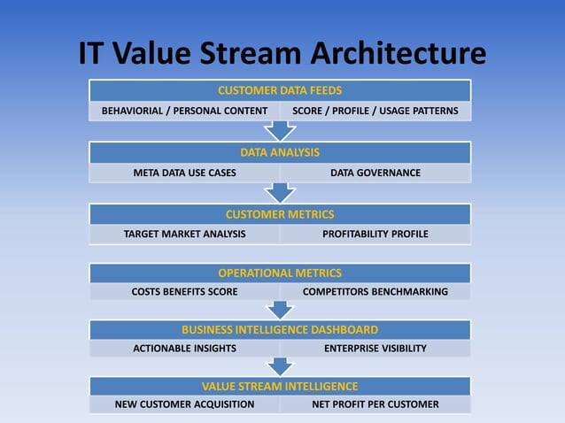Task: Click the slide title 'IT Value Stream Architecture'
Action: pyautogui.click(x=282, y=52)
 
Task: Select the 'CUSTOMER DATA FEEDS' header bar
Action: pyautogui.click(x=280, y=90)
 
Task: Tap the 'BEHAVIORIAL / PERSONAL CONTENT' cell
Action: pyautogui.click(x=184, y=111)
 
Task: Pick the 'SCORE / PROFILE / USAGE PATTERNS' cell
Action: pyautogui.click(x=375, y=111)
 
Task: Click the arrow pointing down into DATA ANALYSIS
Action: pyautogui.click(x=280, y=131)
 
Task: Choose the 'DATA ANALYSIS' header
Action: pyautogui.click(x=280, y=152)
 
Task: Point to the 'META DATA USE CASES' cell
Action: pyautogui.click(x=184, y=173)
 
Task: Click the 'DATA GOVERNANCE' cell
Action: pyautogui.click(x=375, y=173)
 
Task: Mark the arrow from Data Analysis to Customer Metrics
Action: pyautogui.click(x=280, y=192)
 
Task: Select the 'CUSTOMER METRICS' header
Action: pyautogui.click(x=280, y=214)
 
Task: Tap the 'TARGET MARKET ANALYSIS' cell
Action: pyautogui.click(x=184, y=235)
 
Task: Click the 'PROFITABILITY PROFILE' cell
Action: pyautogui.click(x=375, y=235)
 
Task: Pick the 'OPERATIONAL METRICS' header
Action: pyautogui.click(x=280, y=273)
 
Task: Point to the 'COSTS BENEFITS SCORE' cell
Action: pyautogui.click(x=184, y=291)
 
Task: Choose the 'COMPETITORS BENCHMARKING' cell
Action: pyautogui.click(x=375, y=291)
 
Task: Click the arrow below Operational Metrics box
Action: pyautogui.click(x=280, y=310)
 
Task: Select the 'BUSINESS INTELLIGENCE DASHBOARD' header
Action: pyautogui.click(x=280, y=329)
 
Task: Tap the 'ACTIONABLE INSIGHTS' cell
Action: pyautogui.click(x=184, y=349)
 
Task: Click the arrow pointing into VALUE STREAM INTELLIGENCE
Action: pyautogui.click(x=280, y=366)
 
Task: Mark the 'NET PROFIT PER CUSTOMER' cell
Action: pyautogui.click(x=375, y=404)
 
